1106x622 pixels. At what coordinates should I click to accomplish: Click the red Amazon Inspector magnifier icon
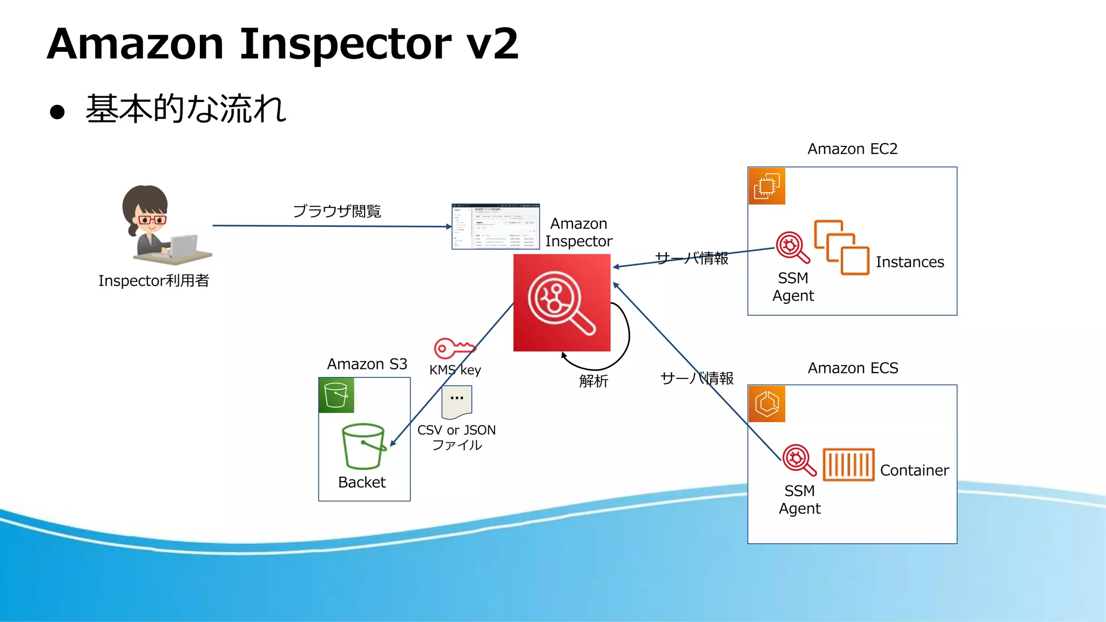click(x=562, y=303)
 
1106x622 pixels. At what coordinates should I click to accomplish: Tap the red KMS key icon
click(x=454, y=348)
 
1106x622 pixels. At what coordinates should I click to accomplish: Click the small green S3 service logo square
click(x=336, y=395)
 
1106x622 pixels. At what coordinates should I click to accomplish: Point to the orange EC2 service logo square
click(x=766, y=186)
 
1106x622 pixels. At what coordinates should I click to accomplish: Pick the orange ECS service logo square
click(x=766, y=404)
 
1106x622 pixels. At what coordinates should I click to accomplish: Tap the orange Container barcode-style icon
click(x=848, y=464)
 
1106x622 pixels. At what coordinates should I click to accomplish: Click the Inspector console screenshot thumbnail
click(x=495, y=226)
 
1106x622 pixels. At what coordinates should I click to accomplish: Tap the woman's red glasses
click(x=152, y=220)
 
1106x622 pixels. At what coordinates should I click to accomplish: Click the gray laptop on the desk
click(x=184, y=246)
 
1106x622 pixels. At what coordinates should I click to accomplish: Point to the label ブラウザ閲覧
click(x=337, y=211)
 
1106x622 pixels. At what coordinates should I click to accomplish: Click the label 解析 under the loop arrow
click(x=594, y=381)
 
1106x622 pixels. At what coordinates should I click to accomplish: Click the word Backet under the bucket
click(x=362, y=482)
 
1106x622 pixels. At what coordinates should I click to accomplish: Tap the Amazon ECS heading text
click(x=853, y=368)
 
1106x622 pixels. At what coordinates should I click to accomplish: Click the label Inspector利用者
click(x=153, y=281)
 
